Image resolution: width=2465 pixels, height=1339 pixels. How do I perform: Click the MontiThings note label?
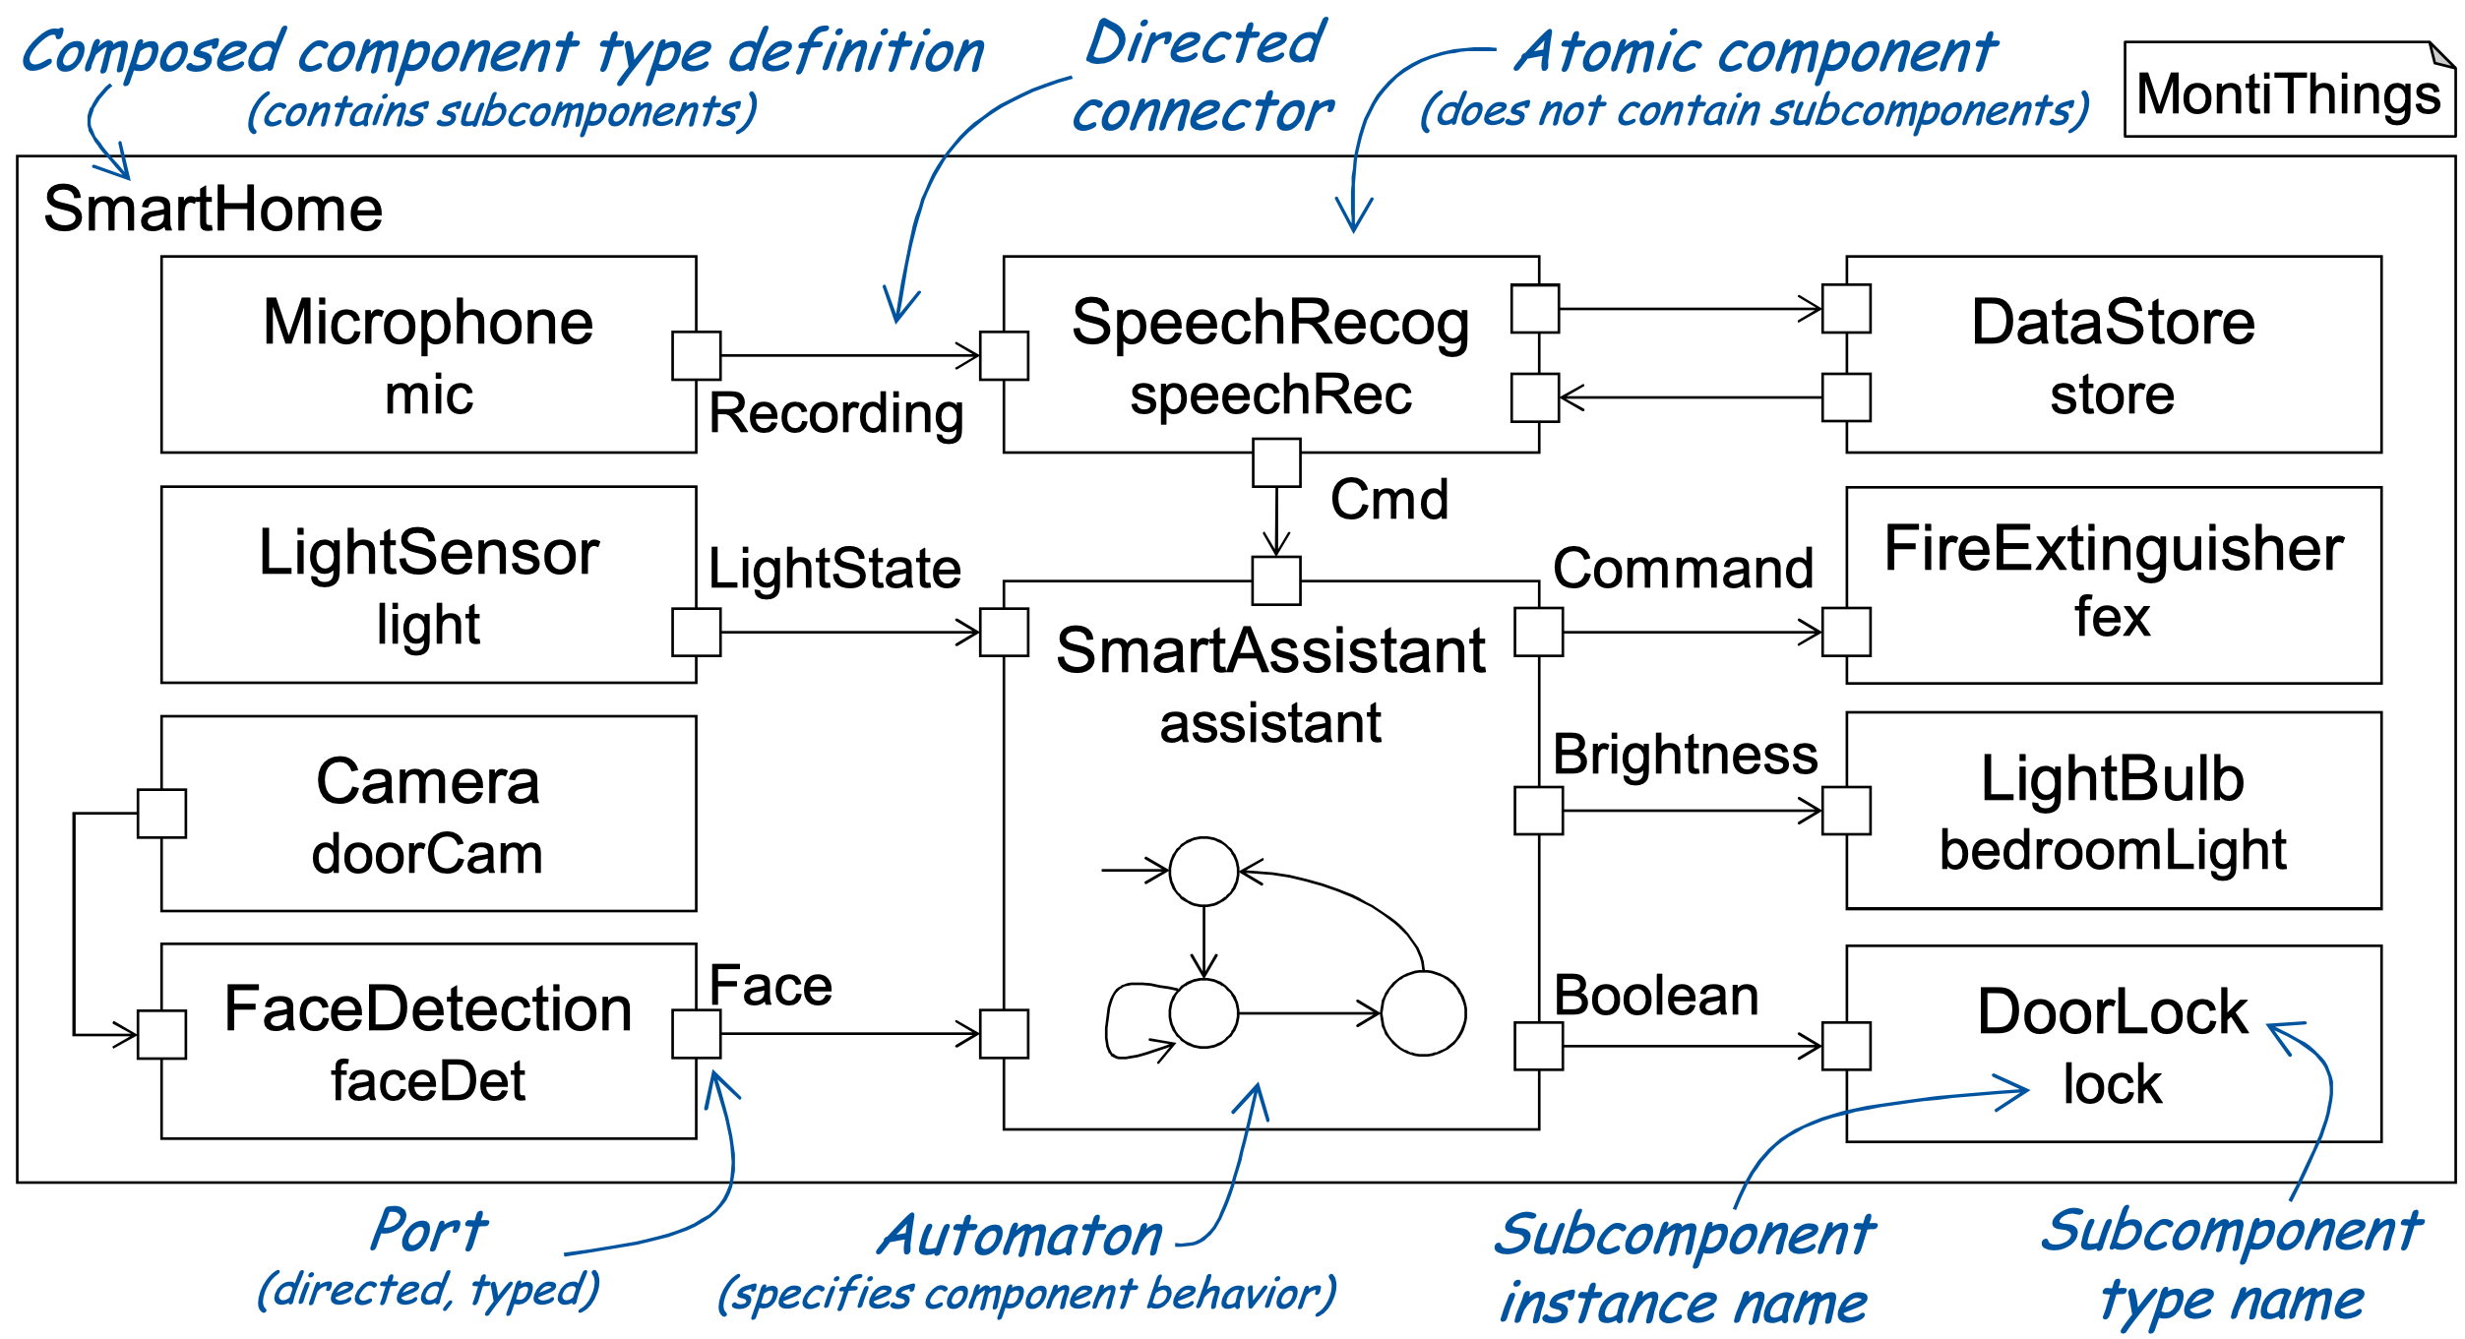click(2288, 94)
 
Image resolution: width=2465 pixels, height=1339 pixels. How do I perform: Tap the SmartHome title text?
click(213, 210)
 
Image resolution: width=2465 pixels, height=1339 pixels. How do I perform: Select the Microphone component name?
click(428, 323)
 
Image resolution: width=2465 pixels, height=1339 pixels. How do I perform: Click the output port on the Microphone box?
click(696, 355)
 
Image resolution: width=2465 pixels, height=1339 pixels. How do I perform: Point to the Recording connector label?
click(835, 413)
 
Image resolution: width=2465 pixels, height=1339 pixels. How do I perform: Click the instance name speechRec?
click(1269, 396)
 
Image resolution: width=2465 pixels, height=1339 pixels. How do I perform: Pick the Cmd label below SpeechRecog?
click(1388, 500)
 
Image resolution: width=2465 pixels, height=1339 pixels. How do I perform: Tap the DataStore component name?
click(2113, 323)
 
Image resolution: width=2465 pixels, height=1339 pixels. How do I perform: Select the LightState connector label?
click(834, 569)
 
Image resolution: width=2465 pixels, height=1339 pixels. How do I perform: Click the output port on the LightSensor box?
click(696, 632)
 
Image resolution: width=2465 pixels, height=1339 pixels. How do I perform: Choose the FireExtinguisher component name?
click(2113, 549)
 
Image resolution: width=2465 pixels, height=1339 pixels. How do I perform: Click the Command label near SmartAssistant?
click(1683, 569)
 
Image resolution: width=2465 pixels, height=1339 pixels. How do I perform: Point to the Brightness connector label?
click(1685, 755)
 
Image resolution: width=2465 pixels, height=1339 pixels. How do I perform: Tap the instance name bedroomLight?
click(2113, 850)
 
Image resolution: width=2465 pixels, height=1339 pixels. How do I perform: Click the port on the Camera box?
click(161, 814)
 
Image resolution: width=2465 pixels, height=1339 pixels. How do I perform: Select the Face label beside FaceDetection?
click(770, 986)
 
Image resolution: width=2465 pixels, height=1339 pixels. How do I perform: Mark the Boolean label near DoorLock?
click(1656, 996)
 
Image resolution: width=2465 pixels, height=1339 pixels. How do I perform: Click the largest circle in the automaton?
click(1423, 1013)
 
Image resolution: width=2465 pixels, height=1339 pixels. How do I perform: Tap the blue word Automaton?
click(1020, 1236)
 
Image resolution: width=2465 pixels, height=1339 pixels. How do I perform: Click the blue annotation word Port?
click(429, 1230)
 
